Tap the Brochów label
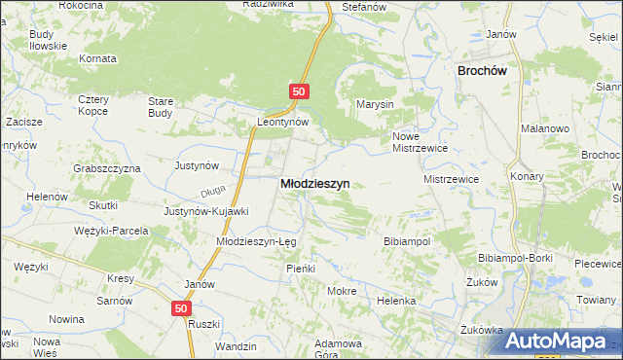point(486,70)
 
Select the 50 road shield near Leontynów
point(299,91)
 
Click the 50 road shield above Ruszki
point(182,308)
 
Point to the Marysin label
point(374,104)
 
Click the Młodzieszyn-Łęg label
point(256,240)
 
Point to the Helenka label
point(397,302)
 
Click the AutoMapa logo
point(556,341)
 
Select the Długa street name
point(213,192)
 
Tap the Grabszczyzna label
point(107,167)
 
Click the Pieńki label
point(297,268)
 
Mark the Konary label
point(527,176)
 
